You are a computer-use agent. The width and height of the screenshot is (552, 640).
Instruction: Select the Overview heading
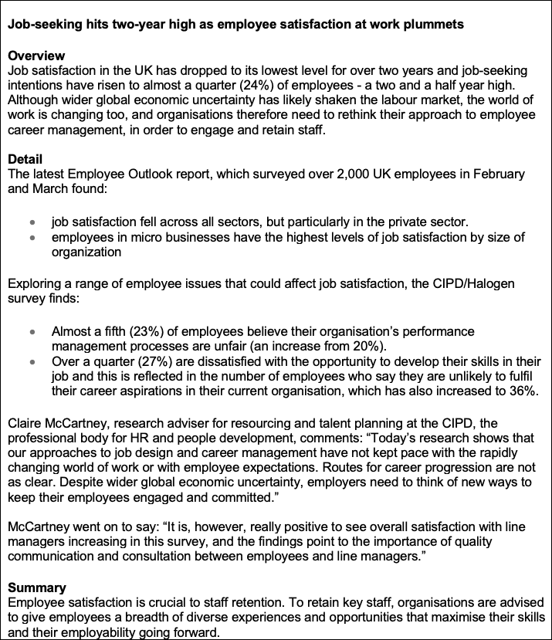pyautogui.click(x=36, y=56)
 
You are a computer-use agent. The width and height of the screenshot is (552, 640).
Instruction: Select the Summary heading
pyautogui.click(x=37, y=588)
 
